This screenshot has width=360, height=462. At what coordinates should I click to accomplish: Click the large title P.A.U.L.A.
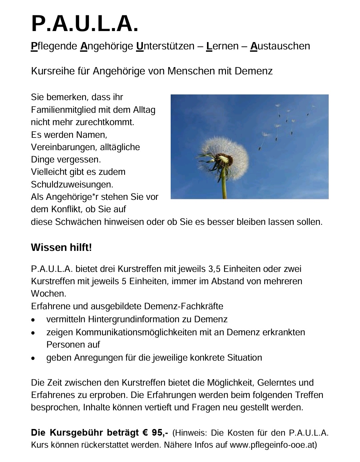click(85, 24)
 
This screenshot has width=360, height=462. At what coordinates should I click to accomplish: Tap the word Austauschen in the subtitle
click(280, 46)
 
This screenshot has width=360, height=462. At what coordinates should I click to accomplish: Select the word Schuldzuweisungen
click(72, 184)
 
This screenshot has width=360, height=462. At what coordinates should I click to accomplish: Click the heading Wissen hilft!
click(61, 248)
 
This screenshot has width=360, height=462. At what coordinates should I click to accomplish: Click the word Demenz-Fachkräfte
click(184, 306)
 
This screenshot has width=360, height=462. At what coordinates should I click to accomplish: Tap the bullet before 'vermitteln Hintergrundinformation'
click(33, 320)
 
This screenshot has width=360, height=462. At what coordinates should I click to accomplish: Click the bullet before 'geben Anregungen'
click(33, 358)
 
